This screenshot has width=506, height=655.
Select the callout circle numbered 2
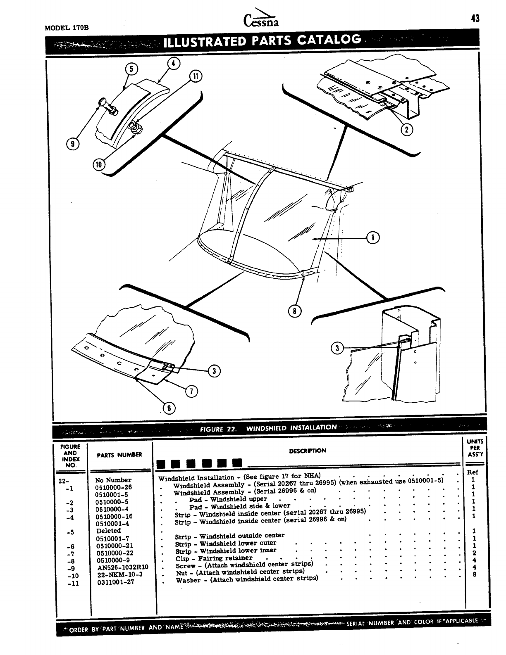tap(407, 130)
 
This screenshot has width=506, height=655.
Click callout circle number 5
tap(131, 69)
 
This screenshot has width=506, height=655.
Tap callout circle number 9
tap(73, 144)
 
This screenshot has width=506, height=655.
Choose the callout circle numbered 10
tap(98, 164)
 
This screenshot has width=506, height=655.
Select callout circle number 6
tap(169, 408)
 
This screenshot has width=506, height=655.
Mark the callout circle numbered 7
tap(191, 391)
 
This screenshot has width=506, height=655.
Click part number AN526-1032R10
tap(122, 567)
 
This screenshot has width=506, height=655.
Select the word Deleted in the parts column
tap(108, 531)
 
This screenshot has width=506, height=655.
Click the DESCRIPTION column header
tap(308, 451)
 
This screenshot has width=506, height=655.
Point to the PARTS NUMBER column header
tap(119, 455)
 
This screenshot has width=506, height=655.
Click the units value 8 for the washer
tap(474, 574)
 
